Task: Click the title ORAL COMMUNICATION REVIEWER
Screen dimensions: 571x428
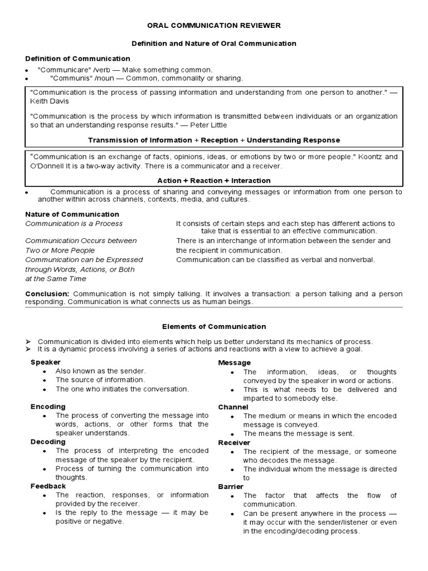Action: click(x=213, y=26)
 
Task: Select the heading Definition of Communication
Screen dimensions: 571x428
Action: click(x=78, y=59)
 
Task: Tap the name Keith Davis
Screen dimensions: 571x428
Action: click(x=50, y=102)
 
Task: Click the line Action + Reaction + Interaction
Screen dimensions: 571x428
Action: click(x=214, y=180)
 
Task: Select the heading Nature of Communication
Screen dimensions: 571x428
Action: click(x=72, y=214)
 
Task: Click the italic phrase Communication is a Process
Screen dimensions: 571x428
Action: click(x=74, y=224)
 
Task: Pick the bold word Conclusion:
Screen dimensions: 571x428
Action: click(x=47, y=293)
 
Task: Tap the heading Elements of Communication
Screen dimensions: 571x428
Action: click(x=214, y=327)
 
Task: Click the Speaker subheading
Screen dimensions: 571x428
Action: click(x=46, y=362)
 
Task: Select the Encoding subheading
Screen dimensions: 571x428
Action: click(x=48, y=407)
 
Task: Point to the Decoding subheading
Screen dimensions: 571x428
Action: click(x=48, y=442)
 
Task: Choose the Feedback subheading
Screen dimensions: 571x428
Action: click(x=48, y=486)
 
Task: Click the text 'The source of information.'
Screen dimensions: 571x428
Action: click(x=100, y=380)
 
